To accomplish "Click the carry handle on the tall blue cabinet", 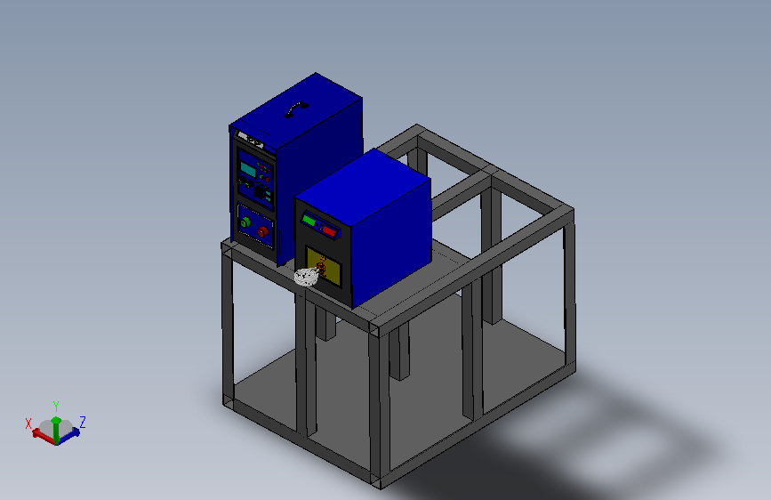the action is pyautogui.click(x=296, y=109).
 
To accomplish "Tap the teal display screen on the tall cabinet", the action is pyautogui.click(x=247, y=169).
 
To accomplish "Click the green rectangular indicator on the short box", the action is pyautogui.click(x=309, y=220).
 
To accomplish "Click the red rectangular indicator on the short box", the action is pyautogui.click(x=329, y=230).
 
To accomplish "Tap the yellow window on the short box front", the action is pyautogui.click(x=324, y=266).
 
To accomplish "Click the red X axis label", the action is pyautogui.click(x=28, y=423).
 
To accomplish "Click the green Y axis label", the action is pyautogui.click(x=56, y=407).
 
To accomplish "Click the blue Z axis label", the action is pyautogui.click(x=83, y=423).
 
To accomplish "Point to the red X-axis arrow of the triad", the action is pyautogui.click(x=43, y=437).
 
